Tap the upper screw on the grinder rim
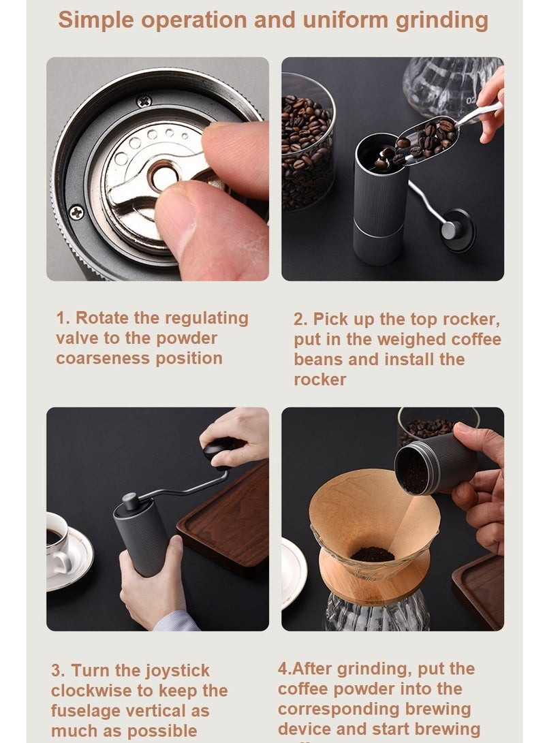point(144,101)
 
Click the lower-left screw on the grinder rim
point(77,212)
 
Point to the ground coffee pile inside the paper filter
point(373,554)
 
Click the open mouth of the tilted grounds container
point(412,471)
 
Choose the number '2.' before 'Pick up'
point(300,319)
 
